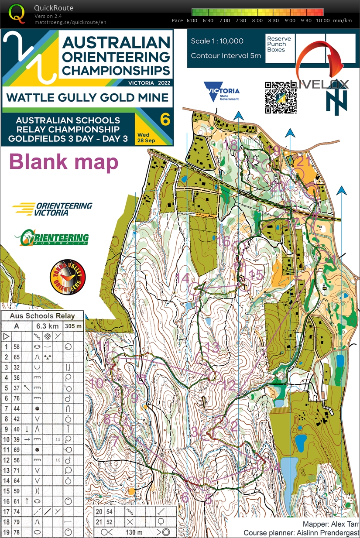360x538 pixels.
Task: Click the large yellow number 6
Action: coord(165,119)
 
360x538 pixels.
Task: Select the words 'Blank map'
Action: coord(64,161)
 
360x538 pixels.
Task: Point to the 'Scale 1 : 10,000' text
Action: coord(217,41)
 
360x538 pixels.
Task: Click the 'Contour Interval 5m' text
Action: coord(226,55)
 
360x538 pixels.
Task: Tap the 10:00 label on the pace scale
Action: coord(322,21)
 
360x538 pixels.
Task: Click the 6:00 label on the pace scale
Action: coord(192,21)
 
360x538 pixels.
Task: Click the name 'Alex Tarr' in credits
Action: coord(344,524)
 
